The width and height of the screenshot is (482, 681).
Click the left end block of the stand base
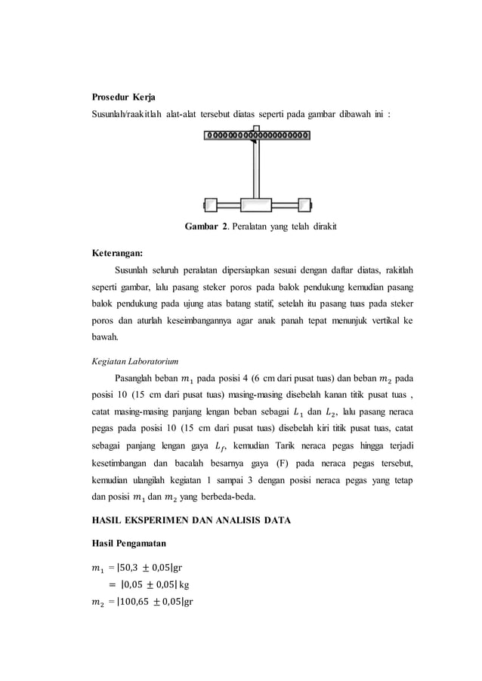(210, 205)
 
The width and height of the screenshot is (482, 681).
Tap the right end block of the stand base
(304, 205)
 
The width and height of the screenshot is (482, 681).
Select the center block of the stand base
(257, 205)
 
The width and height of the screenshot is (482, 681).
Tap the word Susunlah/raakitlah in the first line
(125, 114)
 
